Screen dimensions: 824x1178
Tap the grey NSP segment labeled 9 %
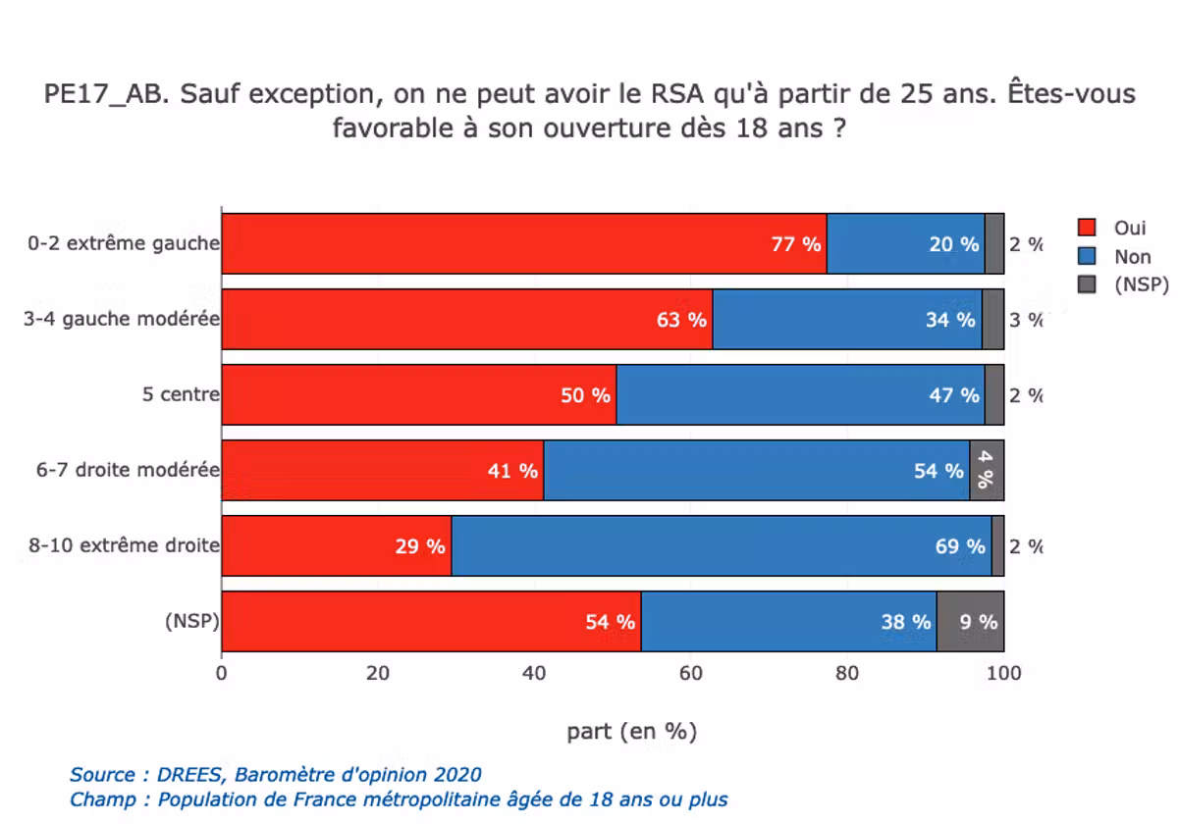point(970,622)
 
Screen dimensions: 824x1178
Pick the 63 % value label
point(682,320)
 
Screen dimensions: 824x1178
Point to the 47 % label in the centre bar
point(952,395)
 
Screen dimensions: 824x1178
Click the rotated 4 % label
point(986,471)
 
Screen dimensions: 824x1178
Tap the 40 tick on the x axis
point(534,674)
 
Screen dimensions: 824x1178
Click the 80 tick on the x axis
point(847,674)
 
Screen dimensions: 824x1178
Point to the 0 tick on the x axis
point(222,674)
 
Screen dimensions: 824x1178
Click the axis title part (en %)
point(631,731)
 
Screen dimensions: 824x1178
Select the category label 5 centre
point(181,395)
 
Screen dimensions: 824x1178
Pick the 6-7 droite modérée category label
point(128,471)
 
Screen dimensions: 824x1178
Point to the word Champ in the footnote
point(103,799)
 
